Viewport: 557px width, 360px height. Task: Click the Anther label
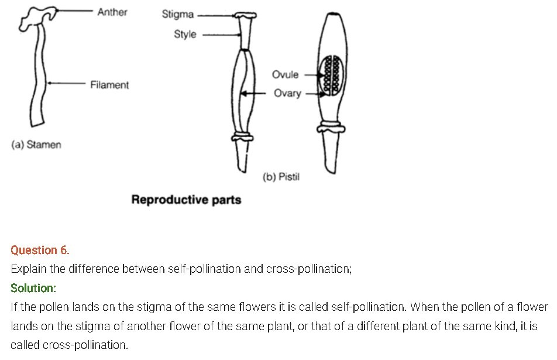pos(112,12)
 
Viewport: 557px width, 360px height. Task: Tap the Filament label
pos(109,85)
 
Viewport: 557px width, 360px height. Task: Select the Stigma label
pos(178,15)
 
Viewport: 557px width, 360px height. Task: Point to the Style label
pos(185,34)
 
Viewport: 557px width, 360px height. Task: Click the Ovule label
pos(285,74)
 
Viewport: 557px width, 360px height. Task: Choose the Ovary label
pos(287,93)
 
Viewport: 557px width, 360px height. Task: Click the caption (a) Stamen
pos(36,144)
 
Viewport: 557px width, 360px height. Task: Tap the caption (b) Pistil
pos(281,177)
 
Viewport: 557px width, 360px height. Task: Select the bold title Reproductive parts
pos(186,200)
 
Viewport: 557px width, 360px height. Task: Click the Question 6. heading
pos(40,250)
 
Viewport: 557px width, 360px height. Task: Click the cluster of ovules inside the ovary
pos(332,74)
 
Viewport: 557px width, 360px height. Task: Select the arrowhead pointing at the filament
pos(49,84)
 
